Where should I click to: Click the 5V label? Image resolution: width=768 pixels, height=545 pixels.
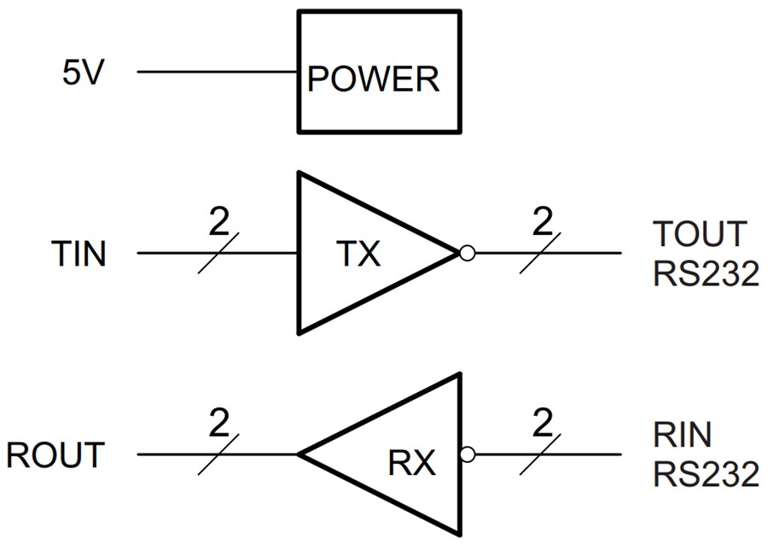[83, 73]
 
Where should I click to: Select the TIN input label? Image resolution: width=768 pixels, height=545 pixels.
[79, 254]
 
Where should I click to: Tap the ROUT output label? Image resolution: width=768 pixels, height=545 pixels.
[55, 454]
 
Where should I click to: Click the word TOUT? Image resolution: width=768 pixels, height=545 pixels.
[700, 233]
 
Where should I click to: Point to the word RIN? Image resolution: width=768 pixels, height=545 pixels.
[683, 435]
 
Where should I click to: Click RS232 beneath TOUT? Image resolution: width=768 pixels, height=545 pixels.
[706, 274]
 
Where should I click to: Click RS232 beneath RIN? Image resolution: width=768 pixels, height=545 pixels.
[706, 475]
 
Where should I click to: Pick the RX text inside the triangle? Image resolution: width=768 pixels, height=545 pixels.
[412, 463]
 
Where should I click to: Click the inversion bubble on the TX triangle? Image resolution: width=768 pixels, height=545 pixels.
[466, 253]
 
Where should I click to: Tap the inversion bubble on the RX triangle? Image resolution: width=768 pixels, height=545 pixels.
[467, 454]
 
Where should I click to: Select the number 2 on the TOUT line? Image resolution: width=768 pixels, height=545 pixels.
[541, 224]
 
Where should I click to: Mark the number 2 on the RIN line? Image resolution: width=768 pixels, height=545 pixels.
[541, 425]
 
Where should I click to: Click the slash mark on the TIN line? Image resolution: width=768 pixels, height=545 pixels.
[218, 254]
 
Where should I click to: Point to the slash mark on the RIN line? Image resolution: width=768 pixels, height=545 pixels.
[541, 454]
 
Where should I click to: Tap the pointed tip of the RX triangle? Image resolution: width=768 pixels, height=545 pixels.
[300, 454]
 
